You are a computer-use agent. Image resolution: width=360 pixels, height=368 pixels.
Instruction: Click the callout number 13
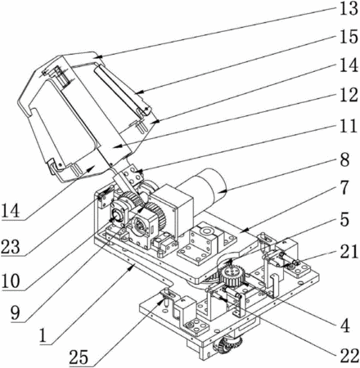349,8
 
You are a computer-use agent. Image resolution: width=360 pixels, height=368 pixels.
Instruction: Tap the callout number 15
349,37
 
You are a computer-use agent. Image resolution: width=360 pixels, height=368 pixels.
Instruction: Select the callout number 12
349,95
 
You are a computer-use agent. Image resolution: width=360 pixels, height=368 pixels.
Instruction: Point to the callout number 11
349,126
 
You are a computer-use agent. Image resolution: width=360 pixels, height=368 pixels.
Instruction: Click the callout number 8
344,159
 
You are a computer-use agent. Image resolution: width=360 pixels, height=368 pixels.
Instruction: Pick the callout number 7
344,187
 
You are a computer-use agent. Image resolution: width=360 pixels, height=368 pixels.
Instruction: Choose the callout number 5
344,219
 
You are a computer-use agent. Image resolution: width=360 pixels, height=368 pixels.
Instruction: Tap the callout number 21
349,251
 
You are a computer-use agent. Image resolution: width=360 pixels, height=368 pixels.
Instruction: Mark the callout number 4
345,325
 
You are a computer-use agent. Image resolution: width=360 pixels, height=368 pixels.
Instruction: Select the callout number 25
79,357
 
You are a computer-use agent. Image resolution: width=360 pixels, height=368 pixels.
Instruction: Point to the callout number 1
43,335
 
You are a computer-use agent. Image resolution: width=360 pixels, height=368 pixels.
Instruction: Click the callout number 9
16,312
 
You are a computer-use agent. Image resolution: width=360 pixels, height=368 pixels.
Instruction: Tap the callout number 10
11,280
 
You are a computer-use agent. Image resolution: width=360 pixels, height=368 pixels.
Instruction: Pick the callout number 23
11,247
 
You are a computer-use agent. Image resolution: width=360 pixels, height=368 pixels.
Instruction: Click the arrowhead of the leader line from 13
99,57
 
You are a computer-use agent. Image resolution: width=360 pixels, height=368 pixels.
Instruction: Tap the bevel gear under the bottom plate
228,346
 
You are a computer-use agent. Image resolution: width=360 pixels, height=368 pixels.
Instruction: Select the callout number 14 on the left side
11,211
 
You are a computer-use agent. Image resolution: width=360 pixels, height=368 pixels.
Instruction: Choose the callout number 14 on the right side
349,65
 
